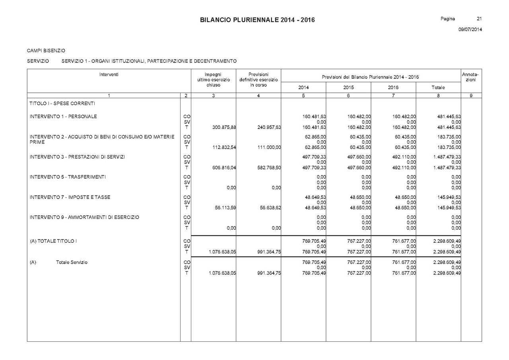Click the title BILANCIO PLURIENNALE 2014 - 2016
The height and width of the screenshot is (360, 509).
click(257, 20)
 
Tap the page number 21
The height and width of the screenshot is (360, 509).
click(479, 19)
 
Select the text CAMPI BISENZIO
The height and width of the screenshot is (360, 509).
click(46, 51)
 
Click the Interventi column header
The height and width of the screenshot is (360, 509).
click(109, 74)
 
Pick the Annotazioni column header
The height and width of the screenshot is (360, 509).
click(471, 77)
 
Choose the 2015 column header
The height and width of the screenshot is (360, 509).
click(348, 88)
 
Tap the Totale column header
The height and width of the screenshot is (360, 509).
click(438, 88)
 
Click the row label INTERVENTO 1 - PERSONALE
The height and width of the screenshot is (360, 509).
click(63, 117)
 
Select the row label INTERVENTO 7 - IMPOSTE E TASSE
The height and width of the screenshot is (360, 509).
click(70, 197)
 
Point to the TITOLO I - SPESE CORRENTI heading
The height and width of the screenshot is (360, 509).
click(62, 103)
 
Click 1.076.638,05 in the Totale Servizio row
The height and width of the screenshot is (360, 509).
click(220, 273)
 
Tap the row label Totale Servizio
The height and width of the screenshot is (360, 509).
click(72, 263)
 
